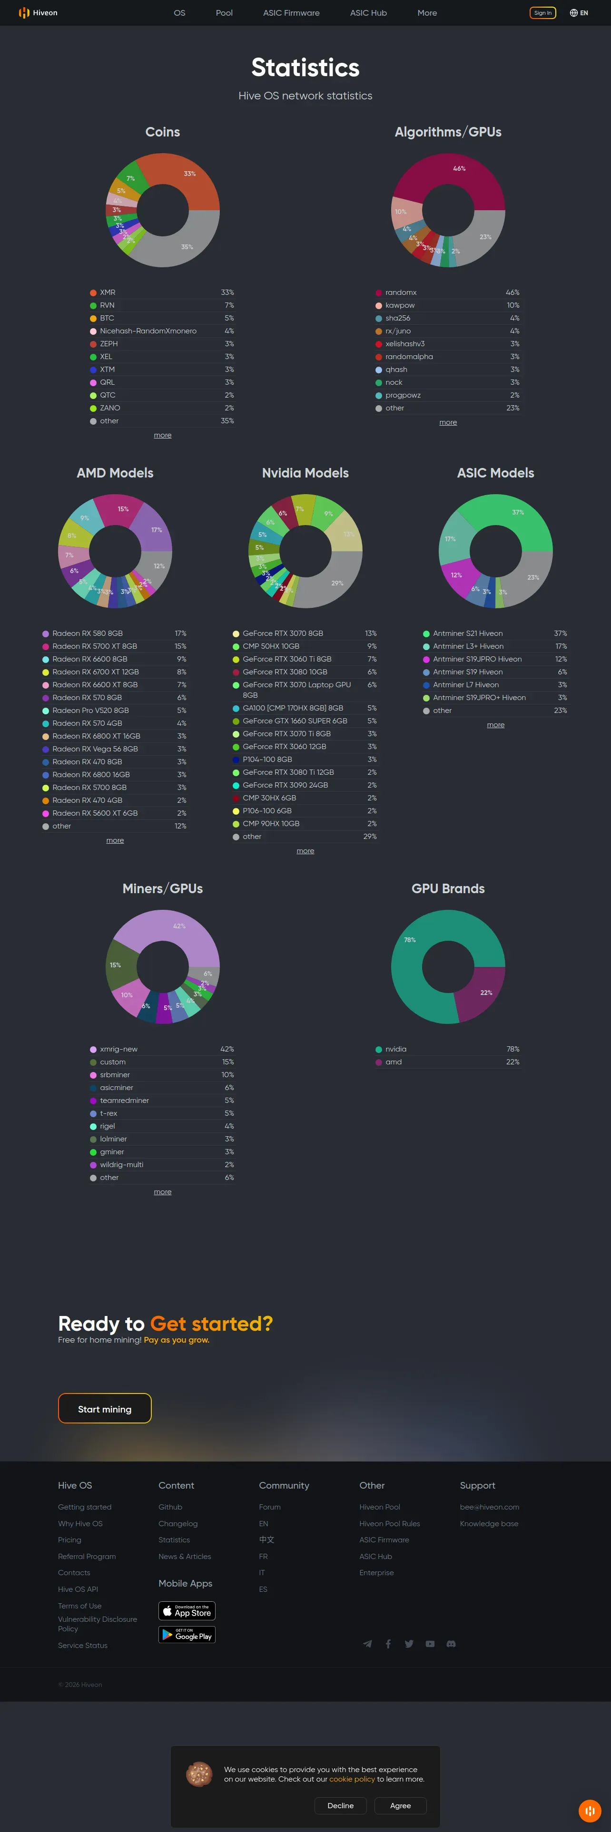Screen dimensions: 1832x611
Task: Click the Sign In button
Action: click(x=543, y=13)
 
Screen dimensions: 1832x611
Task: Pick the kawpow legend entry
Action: click(x=400, y=305)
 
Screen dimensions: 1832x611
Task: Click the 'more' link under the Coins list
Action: click(x=162, y=435)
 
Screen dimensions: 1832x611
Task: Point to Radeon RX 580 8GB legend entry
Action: click(x=88, y=633)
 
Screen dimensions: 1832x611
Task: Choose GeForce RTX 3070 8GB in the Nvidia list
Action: click(x=282, y=633)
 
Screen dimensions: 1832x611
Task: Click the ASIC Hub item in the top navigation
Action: click(x=368, y=13)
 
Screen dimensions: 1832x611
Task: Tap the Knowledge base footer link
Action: click(x=489, y=1523)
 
